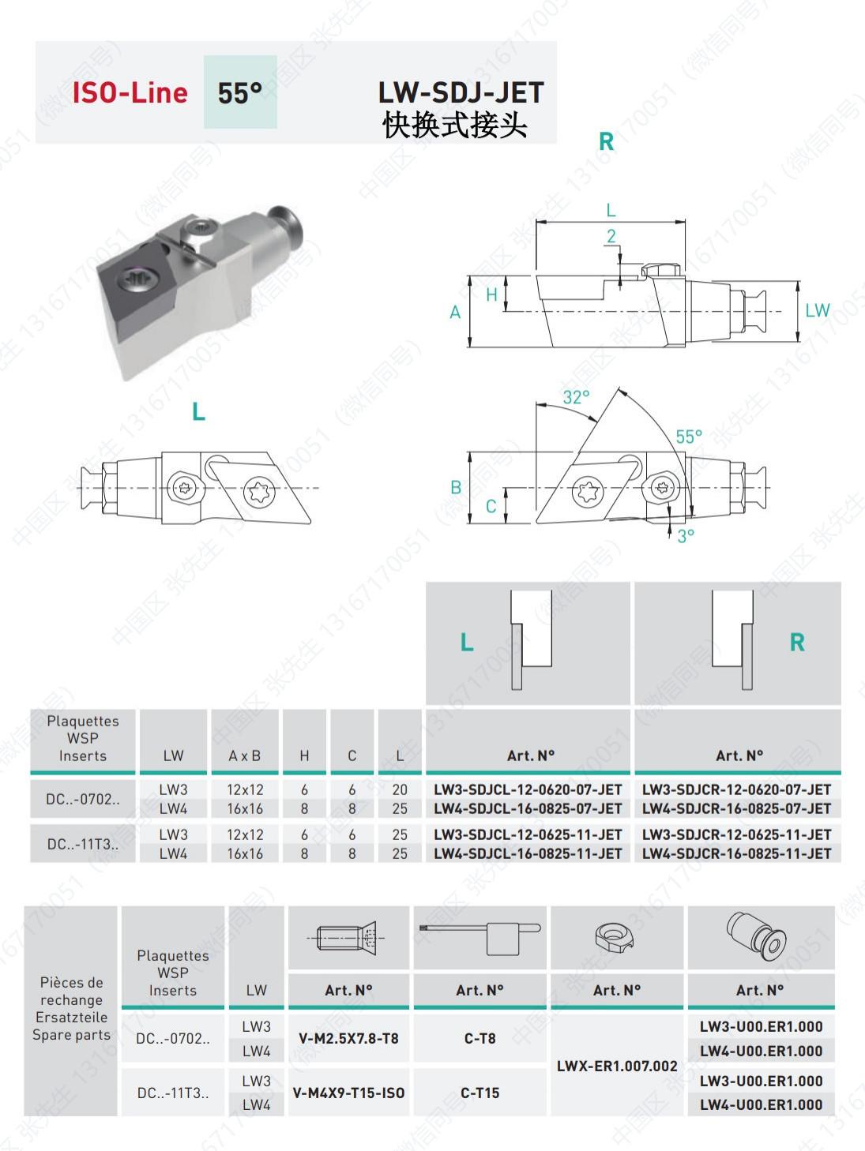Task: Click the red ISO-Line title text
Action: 130,93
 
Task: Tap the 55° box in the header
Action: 240,93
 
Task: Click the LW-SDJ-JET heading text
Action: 461,93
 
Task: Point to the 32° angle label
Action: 576,397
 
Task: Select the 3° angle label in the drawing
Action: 686,536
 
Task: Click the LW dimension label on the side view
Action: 818,311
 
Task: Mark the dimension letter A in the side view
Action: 455,313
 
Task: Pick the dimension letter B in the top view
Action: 456,488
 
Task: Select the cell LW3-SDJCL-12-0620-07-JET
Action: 528,789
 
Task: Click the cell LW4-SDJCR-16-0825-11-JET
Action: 736,853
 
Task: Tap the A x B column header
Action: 245,756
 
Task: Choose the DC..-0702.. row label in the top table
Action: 83,799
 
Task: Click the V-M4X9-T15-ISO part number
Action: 348,1093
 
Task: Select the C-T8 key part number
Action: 480,1039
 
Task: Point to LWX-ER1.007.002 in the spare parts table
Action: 617,1066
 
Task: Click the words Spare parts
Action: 71,1035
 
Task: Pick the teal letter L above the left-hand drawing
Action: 198,411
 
